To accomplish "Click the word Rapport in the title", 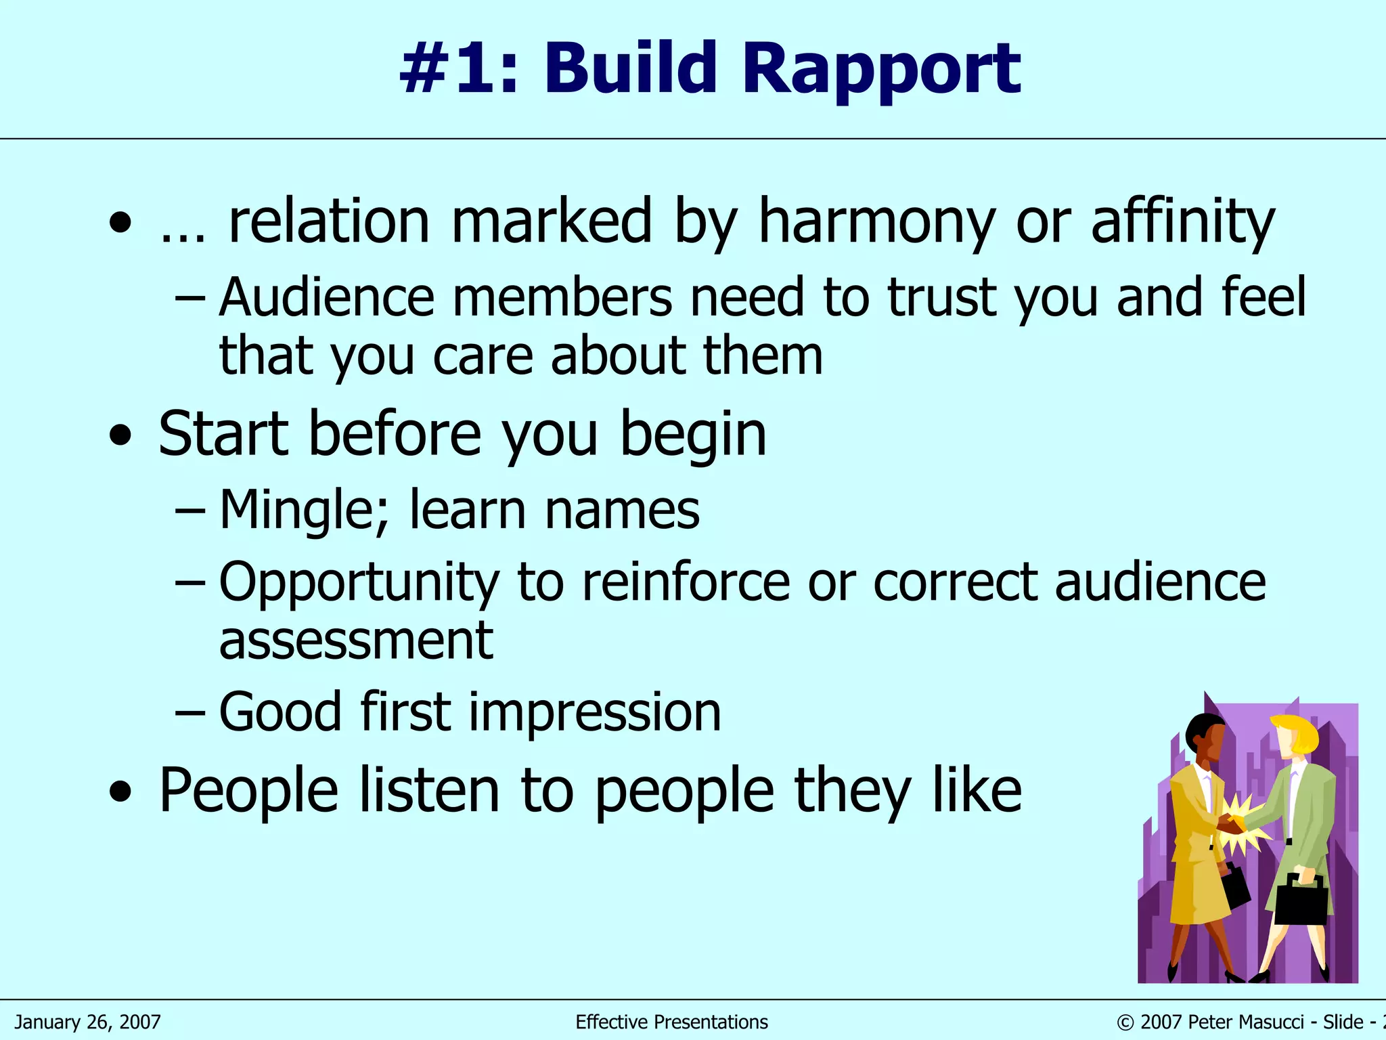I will tap(881, 69).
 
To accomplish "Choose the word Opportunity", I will tap(359, 582).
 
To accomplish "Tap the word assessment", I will tap(356, 641).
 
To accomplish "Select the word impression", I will tap(595, 712).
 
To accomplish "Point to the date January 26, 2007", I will tap(88, 1022).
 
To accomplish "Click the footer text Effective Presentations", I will tap(671, 1022).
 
